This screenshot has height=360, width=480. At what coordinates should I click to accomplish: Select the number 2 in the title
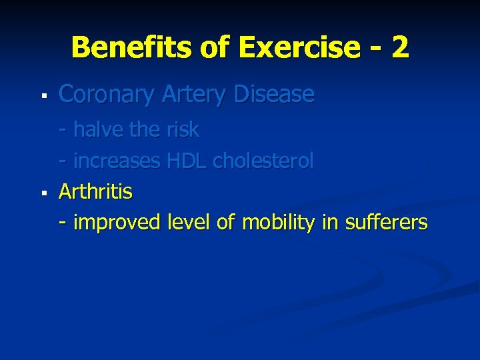400,48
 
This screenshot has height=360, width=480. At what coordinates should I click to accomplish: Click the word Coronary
107,95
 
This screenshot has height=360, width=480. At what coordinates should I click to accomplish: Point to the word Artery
193,95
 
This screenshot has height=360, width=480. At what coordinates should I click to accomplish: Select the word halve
99,129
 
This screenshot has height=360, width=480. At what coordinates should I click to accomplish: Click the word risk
182,129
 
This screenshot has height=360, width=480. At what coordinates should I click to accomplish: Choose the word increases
117,161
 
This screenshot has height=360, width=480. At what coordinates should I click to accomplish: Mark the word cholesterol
263,161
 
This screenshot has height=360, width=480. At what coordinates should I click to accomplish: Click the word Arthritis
96,192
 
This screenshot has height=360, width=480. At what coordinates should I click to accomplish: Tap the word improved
117,223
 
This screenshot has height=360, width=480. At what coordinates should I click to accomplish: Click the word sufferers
386,223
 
